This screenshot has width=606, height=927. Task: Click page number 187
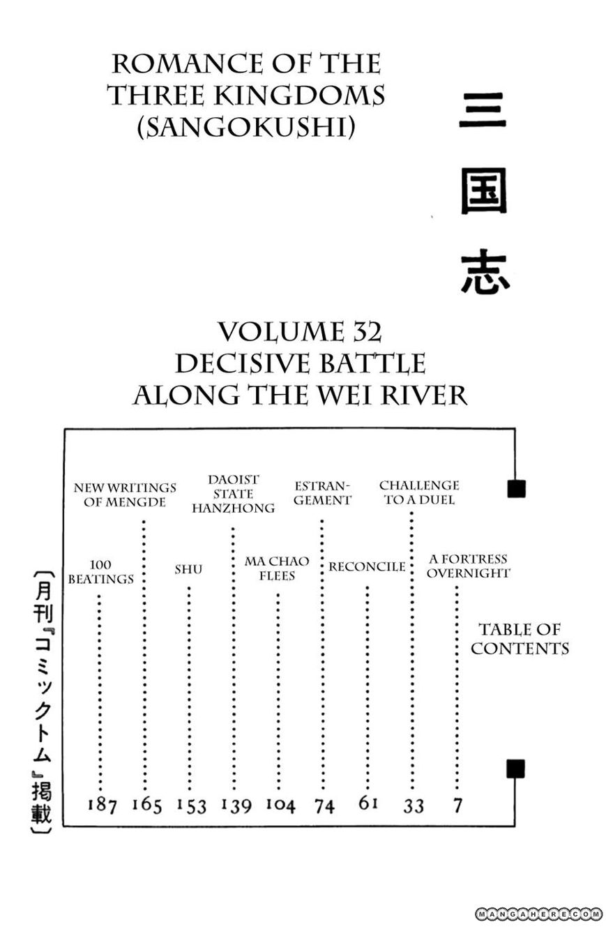pyautogui.click(x=102, y=806)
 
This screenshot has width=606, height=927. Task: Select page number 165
pyautogui.click(x=146, y=806)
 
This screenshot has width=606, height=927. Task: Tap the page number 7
pyautogui.click(x=457, y=806)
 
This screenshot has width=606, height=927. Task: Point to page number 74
pyautogui.click(x=324, y=806)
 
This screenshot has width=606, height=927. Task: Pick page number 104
pyautogui.click(x=280, y=806)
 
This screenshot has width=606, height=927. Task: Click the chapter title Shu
pyautogui.click(x=188, y=569)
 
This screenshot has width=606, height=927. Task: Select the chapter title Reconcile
pyautogui.click(x=367, y=566)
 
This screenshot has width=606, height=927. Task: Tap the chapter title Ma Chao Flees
pyautogui.click(x=277, y=568)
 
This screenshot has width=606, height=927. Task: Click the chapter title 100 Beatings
pyautogui.click(x=101, y=572)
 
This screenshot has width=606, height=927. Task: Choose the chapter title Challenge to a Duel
pyautogui.click(x=419, y=492)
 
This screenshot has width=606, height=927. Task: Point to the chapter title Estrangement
pyautogui.click(x=321, y=492)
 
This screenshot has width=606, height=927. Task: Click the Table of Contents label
pyautogui.click(x=520, y=639)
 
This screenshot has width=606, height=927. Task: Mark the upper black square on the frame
pyautogui.click(x=516, y=488)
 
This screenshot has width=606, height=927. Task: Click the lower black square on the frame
pyautogui.click(x=515, y=768)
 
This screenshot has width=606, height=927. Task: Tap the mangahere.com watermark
pyautogui.click(x=539, y=913)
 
